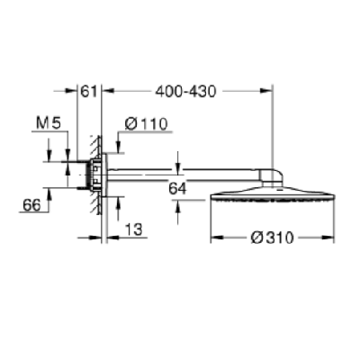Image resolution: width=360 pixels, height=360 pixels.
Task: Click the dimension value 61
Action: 89,91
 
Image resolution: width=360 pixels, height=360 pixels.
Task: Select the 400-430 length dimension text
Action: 185,91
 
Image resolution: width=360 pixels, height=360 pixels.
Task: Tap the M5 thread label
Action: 49,123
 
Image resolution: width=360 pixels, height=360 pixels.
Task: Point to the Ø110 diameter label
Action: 146,124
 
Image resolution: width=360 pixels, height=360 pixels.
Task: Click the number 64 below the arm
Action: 177,189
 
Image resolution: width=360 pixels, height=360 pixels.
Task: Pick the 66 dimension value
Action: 31,205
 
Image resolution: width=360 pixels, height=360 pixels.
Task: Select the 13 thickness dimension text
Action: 133,229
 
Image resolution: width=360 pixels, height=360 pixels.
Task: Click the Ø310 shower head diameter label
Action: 272,238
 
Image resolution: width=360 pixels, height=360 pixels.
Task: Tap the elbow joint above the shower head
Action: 271,178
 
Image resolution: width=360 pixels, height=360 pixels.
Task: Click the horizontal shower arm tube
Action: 182,175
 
